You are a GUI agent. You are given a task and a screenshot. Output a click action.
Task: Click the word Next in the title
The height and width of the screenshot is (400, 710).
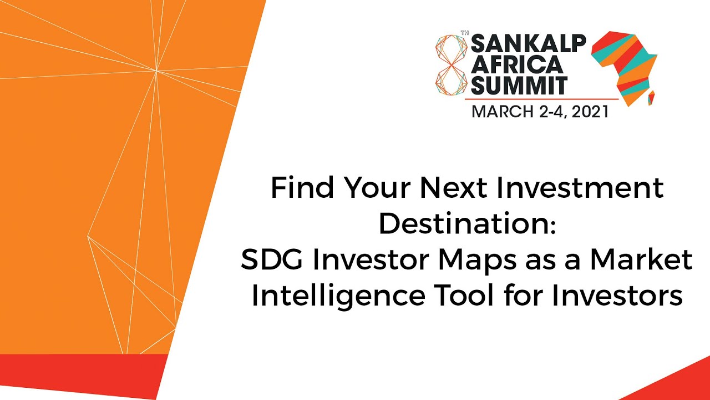point(454,189)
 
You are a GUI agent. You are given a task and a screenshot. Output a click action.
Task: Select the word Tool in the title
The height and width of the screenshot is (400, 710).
point(460,296)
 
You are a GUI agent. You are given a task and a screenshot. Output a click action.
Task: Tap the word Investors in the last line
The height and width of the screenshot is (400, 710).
point(616,296)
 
